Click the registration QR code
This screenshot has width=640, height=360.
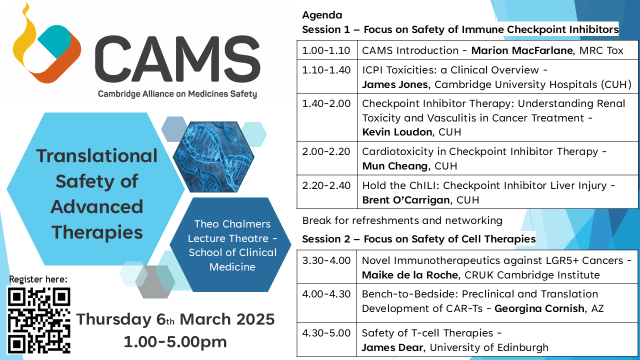[39, 320]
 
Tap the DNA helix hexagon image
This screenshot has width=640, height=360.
[213, 156]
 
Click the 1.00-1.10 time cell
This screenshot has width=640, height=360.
[326, 50]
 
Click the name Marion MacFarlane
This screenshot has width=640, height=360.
[522, 50]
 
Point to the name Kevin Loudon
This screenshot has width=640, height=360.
[397, 132]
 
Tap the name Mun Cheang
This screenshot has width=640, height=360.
[395, 166]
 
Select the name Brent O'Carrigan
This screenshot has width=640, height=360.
[406, 200]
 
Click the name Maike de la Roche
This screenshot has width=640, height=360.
[410, 275]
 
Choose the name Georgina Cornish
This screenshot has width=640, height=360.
[539, 308]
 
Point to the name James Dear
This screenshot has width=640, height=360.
[392, 347]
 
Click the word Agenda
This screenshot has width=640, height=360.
[322, 15]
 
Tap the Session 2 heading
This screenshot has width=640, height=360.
[419, 239]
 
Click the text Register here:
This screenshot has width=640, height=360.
[38, 279]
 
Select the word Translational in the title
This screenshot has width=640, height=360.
[97, 155]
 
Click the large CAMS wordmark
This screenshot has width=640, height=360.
[177, 59]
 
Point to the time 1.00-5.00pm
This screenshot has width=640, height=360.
[175, 342]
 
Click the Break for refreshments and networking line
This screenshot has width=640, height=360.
[402, 220]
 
